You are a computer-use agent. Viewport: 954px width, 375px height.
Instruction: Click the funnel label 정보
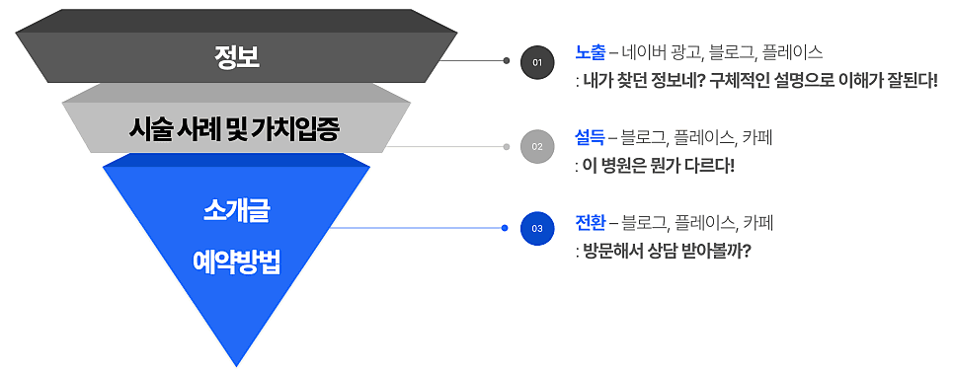coord(237,57)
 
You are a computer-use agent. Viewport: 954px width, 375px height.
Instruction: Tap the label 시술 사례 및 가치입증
coord(234,128)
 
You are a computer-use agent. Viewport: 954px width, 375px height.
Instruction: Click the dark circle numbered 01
coord(537,62)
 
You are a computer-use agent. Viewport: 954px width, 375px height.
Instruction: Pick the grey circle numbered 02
coord(537,146)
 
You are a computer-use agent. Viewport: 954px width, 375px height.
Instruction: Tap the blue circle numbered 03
coord(537,229)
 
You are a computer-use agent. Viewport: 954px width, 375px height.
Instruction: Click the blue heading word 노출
coord(591,53)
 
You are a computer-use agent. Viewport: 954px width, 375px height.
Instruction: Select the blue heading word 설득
coord(591,138)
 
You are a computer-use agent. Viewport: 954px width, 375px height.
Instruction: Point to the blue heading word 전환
coord(591,223)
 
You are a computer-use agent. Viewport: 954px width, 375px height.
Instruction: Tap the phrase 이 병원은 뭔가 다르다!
coord(659,166)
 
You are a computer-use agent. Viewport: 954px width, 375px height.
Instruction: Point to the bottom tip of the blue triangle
coord(236,366)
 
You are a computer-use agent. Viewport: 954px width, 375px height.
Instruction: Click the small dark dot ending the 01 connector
coord(507,61)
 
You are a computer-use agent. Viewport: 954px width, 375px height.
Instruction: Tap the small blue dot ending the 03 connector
coord(505,228)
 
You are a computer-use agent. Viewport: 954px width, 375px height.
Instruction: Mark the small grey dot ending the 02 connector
coord(507,146)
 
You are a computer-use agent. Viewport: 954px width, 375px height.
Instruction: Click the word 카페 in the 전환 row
coord(757,223)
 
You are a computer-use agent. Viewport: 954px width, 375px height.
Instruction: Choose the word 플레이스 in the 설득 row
coord(701,138)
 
